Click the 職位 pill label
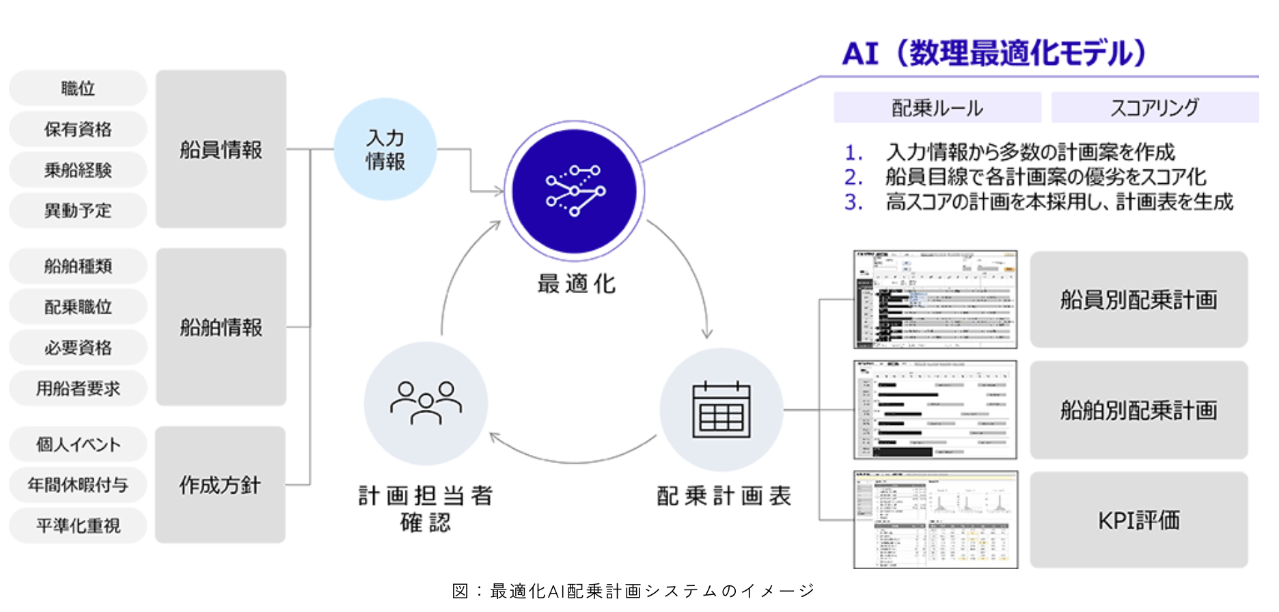(78, 88)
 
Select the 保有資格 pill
(78, 129)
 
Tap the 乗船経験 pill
(78, 170)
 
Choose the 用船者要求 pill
(78, 389)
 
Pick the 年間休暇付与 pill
(78, 485)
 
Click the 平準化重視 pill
(78, 525)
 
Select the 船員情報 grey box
(221, 149)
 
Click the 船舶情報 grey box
(221, 327)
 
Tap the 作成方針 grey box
(220, 485)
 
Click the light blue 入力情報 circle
(385, 149)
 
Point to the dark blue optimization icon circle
(574, 191)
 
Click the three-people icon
(426, 403)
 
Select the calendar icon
(721, 410)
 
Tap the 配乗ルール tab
(937, 107)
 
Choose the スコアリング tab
(1155, 107)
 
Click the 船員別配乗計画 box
(1139, 299)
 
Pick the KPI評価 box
(1139, 520)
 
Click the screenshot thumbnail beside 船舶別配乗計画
(935, 410)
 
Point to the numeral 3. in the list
(853, 202)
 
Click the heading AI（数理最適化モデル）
(994, 53)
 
